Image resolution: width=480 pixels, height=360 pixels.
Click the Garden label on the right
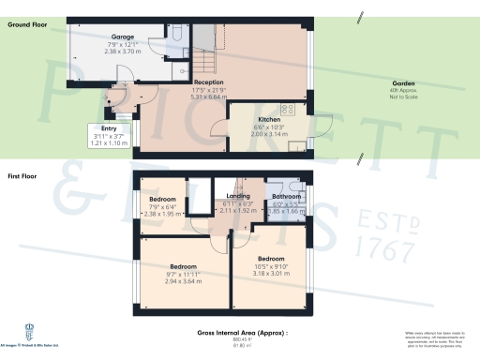(405, 82)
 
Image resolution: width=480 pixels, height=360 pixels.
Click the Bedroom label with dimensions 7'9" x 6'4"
(164, 199)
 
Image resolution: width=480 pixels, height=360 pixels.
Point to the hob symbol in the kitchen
(298, 142)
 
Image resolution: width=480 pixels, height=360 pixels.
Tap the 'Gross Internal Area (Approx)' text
(242, 334)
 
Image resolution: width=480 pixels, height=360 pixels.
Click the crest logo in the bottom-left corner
(29, 330)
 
